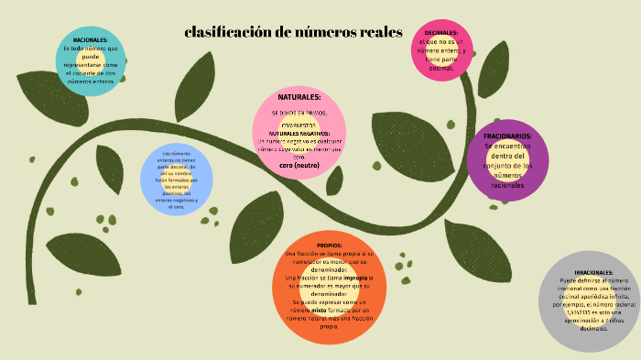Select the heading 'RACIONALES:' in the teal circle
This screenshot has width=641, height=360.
pos(91,40)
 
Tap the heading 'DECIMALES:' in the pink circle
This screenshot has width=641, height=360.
pos(441,32)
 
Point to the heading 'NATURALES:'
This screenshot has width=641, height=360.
pos(299,96)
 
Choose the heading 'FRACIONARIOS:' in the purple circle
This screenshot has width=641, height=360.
pos(507,136)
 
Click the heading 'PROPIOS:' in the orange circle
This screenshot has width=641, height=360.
pos(330,245)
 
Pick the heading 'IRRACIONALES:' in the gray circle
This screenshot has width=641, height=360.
pos(594,273)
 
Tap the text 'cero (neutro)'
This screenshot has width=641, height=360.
pos(299,166)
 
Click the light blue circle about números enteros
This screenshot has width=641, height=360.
pos(177,180)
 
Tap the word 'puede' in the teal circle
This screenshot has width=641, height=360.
pos(91,57)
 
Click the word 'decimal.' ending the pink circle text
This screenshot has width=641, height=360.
pos(441,68)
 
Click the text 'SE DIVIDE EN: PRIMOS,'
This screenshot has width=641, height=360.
pos(299,113)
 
